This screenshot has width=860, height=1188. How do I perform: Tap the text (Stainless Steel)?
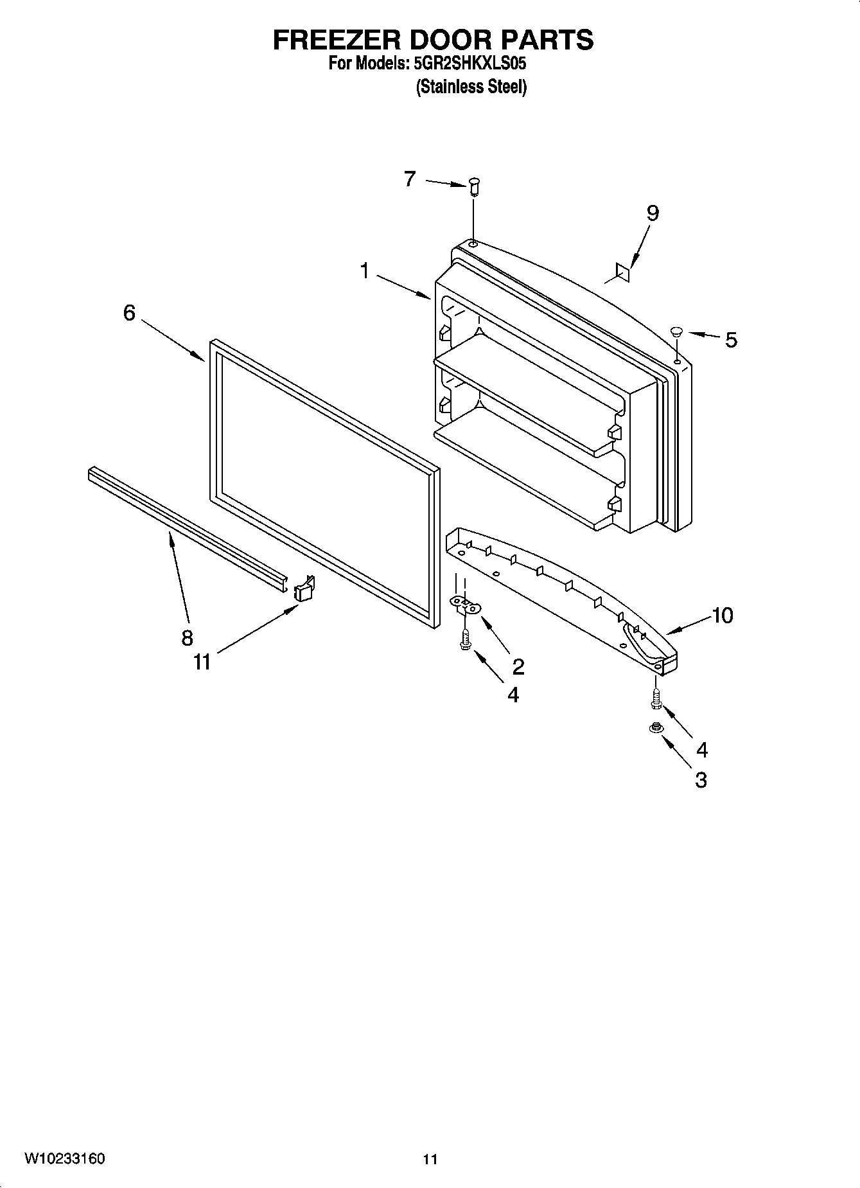471,87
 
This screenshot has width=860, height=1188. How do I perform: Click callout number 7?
410,179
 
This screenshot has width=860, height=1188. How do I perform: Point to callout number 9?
652,213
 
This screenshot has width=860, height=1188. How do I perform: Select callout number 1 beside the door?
364,271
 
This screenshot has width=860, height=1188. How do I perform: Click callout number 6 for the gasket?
129,313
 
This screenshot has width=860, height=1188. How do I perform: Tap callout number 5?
731,340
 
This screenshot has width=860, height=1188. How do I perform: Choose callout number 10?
722,616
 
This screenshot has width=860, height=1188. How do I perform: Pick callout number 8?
187,637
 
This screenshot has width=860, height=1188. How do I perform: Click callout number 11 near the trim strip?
202,661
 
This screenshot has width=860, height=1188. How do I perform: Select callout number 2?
518,666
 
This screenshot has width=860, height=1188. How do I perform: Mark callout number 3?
701,780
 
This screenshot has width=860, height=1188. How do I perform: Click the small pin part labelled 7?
474,187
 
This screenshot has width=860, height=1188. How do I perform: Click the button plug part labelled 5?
676,332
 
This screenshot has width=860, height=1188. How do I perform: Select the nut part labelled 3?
655,728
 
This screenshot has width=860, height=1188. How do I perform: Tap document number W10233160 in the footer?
65,1158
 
